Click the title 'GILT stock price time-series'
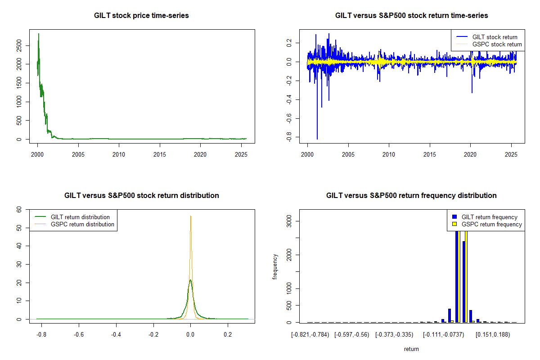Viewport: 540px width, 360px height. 141,16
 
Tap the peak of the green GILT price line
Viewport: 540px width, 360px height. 39,34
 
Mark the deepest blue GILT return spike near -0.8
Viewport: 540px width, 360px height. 317,139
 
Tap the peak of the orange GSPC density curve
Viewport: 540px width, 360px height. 191,216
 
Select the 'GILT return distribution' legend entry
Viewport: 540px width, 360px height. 80,217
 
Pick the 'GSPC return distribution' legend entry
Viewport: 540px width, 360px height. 82,224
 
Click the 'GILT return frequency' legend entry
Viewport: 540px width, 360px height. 490,217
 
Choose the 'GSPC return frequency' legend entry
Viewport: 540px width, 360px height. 491,224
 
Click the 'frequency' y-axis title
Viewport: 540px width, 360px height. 275,267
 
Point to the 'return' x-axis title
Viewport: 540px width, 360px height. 411,349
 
